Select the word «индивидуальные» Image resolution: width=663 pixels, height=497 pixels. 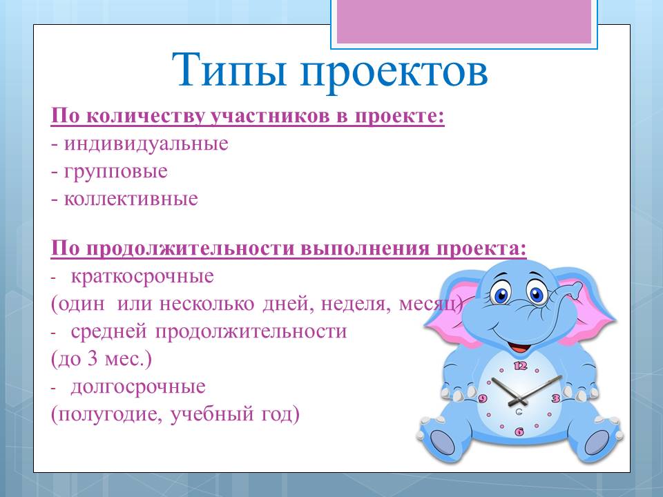coord(146,144)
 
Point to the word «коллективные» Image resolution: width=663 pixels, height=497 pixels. coord(131,199)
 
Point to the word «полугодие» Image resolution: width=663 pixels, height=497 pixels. coord(110,415)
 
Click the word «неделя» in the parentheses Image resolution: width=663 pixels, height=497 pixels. coord(356,304)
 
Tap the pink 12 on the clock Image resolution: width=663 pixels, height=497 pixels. coord(520,365)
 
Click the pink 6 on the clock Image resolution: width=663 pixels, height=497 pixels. coord(519,431)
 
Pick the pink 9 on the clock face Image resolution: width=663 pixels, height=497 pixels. coord(483,398)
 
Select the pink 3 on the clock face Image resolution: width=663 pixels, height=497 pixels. coord(555,398)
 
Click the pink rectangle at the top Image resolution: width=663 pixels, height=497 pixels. coord(464,21)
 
